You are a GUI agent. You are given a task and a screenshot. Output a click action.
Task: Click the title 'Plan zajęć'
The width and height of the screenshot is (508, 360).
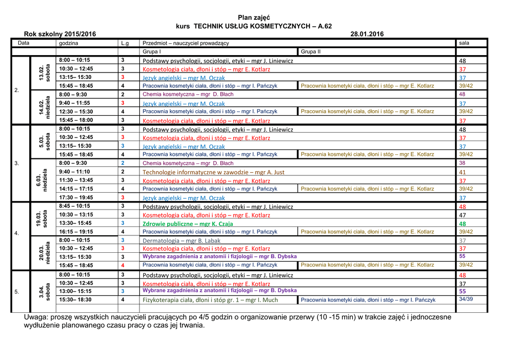click(x=254, y=17)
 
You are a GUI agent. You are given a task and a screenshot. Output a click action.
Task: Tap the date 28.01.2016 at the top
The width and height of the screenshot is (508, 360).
click(x=367, y=34)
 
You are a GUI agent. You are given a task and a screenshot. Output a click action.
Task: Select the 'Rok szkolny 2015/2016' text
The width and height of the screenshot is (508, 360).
click(x=60, y=34)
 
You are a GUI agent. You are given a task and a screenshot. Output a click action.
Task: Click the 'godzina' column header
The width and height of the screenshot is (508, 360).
click(x=68, y=43)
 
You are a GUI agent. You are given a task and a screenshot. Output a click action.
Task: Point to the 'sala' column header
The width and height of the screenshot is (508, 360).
click(x=464, y=43)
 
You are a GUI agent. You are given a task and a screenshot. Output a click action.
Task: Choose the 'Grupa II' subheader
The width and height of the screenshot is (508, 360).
click(x=311, y=52)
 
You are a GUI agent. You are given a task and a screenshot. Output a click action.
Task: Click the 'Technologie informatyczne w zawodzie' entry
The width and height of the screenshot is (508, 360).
click(x=213, y=172)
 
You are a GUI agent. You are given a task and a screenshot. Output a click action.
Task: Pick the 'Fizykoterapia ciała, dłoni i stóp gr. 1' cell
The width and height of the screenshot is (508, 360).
click(x=210, y=300)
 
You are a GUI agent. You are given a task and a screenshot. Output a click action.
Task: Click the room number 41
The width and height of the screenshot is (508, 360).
click(x=462, y=172)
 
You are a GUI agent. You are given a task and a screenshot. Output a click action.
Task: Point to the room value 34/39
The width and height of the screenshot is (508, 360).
click(x=466, y=299)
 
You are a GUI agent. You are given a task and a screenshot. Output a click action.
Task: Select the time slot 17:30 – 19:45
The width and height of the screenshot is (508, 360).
click(x=76, y=197)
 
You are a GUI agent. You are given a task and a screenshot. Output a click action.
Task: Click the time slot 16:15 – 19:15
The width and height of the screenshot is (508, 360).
click(x=76, y=231)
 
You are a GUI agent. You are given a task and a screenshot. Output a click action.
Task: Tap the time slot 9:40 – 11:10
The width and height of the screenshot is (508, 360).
click(x=74, y=171)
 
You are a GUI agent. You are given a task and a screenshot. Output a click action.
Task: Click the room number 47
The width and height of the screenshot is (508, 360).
click(x=462, y=215)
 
